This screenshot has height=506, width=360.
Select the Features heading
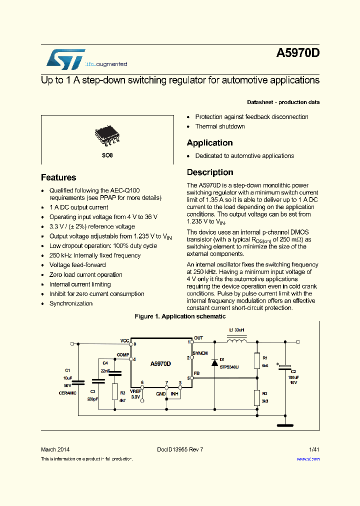click(x=58, y=177)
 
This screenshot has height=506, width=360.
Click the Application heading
click(x=209, y=143)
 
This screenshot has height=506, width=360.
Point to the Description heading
click(x=210, y=172)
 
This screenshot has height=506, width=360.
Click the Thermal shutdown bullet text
click(x=220, y=126)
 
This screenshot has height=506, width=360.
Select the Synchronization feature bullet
click(x=71, y=303)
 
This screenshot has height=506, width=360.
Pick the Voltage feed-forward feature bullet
click(x=77, y=265)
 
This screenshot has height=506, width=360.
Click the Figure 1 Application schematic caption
click(x=180, y=316)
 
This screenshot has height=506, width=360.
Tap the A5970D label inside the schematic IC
click(x=160, y=364)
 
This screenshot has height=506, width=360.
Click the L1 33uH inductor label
click(x=236, y=331)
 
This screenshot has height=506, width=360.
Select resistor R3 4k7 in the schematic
click(x=115, y=391)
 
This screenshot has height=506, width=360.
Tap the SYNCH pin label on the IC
click(x=200, y=353)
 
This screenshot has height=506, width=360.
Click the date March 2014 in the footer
click(x=55, y=449)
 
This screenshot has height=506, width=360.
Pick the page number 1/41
click(x=313, y=449)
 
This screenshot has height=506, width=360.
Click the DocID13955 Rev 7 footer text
click(x=180, y=449)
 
